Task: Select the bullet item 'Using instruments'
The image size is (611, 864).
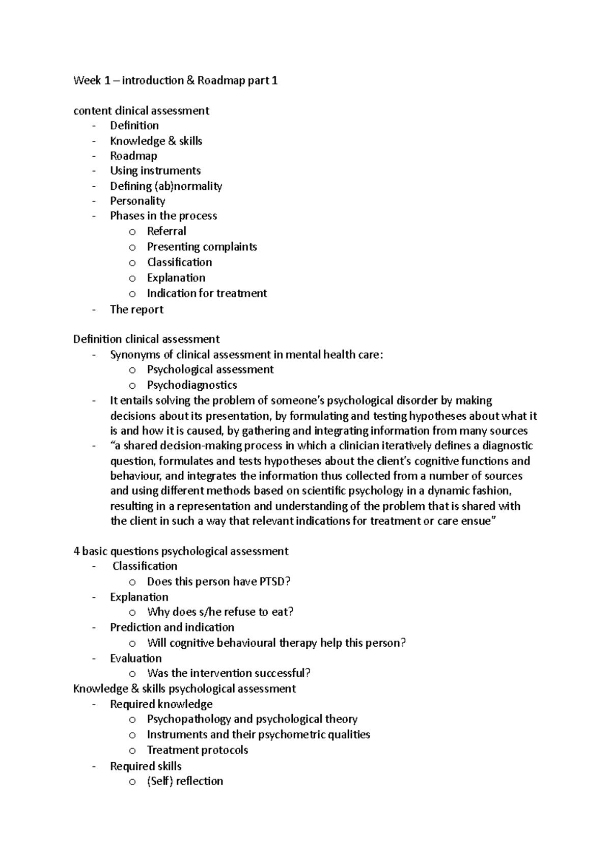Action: pos(155,171)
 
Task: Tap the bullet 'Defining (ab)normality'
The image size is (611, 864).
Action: pos(166,186)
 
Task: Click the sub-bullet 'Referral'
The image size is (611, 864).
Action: pos(166,232)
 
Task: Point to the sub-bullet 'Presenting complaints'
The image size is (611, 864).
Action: pos(202,247)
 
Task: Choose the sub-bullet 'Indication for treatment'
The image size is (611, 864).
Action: pos(207,294)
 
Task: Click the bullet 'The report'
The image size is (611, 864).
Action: pos(136,310)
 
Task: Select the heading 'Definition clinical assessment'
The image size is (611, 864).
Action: pos(146,339)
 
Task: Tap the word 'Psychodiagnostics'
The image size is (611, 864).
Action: pos(192,385)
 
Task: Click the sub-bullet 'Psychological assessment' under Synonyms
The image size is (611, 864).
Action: pos(210,370)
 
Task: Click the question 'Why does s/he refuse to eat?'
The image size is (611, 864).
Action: pos(220,612)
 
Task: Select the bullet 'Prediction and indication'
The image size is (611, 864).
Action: pos(172,627)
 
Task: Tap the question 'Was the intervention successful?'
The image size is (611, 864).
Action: pos(229,674)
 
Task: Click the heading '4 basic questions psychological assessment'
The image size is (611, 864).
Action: pos(181,552)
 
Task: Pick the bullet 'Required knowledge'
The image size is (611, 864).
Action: pos(161,705)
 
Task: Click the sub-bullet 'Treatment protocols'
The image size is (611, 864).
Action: pos(198,751)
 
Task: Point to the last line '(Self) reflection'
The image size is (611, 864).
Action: pos(185,782)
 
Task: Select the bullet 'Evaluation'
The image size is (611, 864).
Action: pos(135,658)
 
